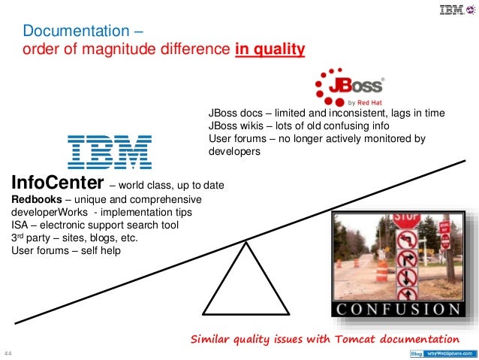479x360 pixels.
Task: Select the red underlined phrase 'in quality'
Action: point(270,50)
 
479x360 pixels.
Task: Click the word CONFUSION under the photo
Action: point(398,309)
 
